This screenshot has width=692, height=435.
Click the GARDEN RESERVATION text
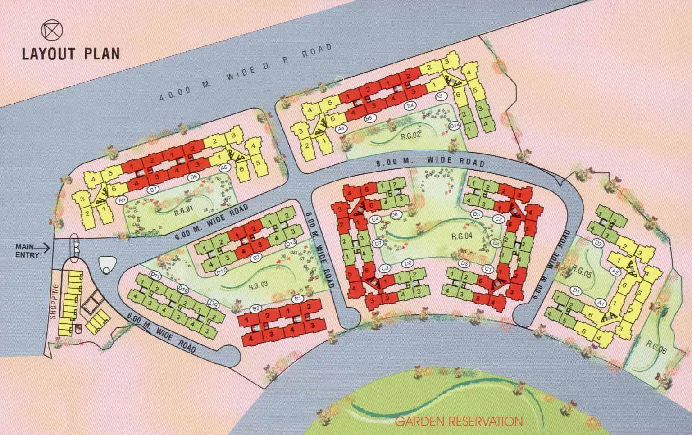[x=459, y=421]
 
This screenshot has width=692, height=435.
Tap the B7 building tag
[x=153, y=190]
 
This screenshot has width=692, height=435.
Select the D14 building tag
[x=455, y=126]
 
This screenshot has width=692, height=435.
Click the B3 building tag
[x=257, y=258]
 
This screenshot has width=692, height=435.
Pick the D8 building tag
[x=394, y=215]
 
